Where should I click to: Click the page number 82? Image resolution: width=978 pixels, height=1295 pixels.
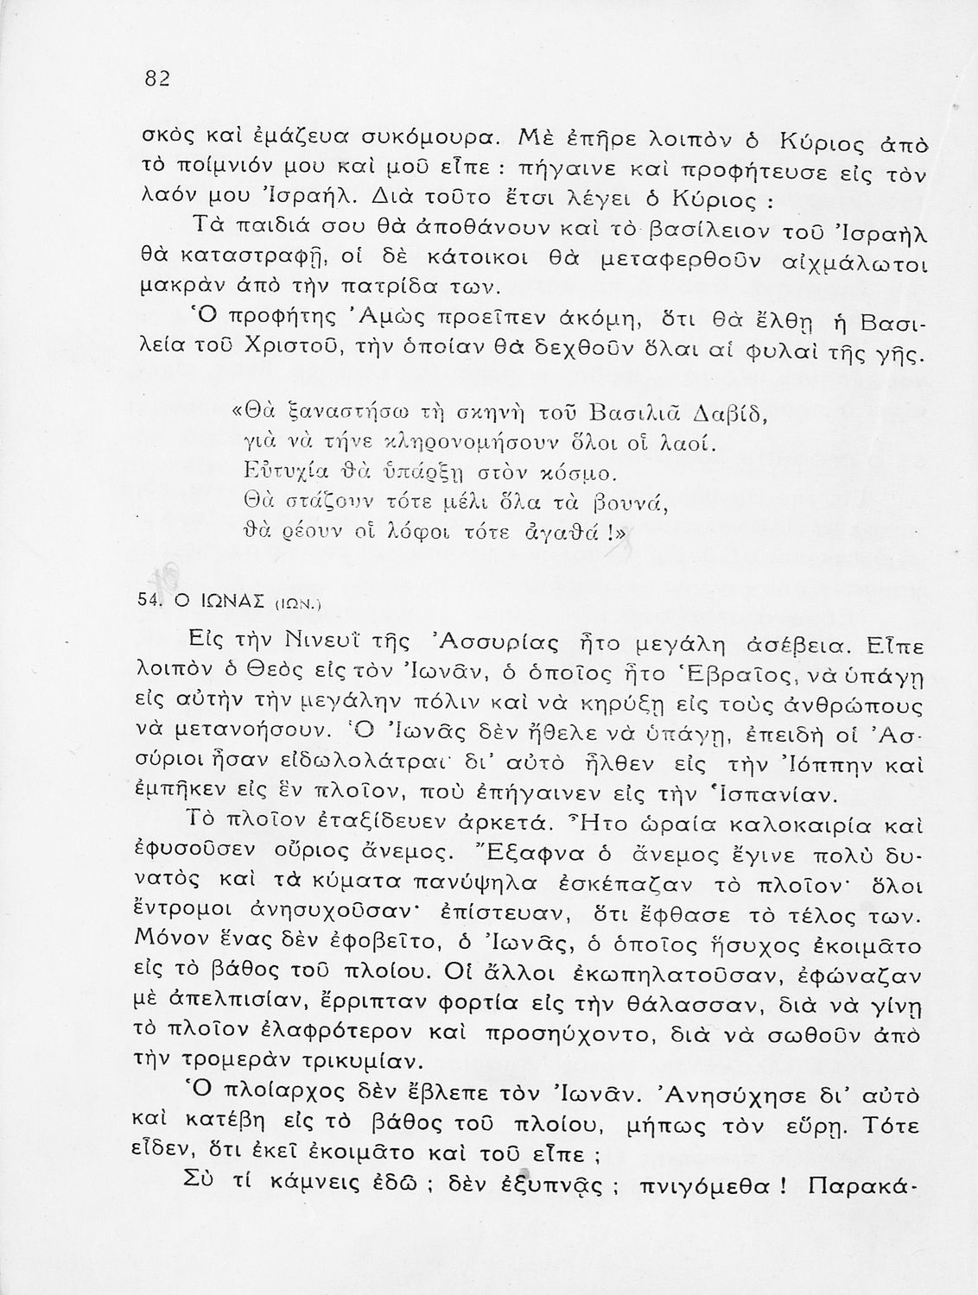156,78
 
